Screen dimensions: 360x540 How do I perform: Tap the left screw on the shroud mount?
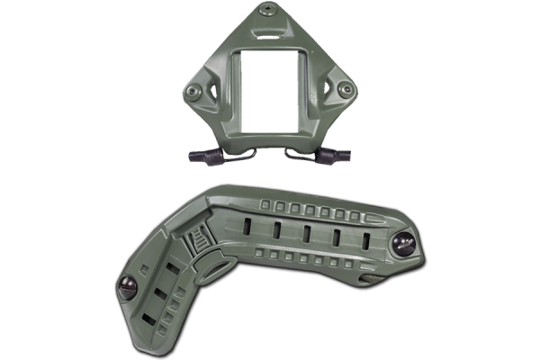click(192, 90)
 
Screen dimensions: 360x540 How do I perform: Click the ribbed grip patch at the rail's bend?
click(197, 244)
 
